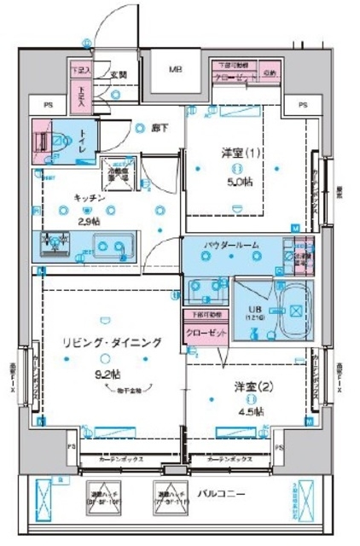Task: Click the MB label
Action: click(174, 69)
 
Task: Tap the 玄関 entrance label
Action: click(119, 75)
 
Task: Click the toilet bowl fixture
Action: click(52, 142)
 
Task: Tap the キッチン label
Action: click(89, 197)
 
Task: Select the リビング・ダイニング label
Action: click(111, 343)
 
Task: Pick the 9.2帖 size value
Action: click(109, 373)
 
